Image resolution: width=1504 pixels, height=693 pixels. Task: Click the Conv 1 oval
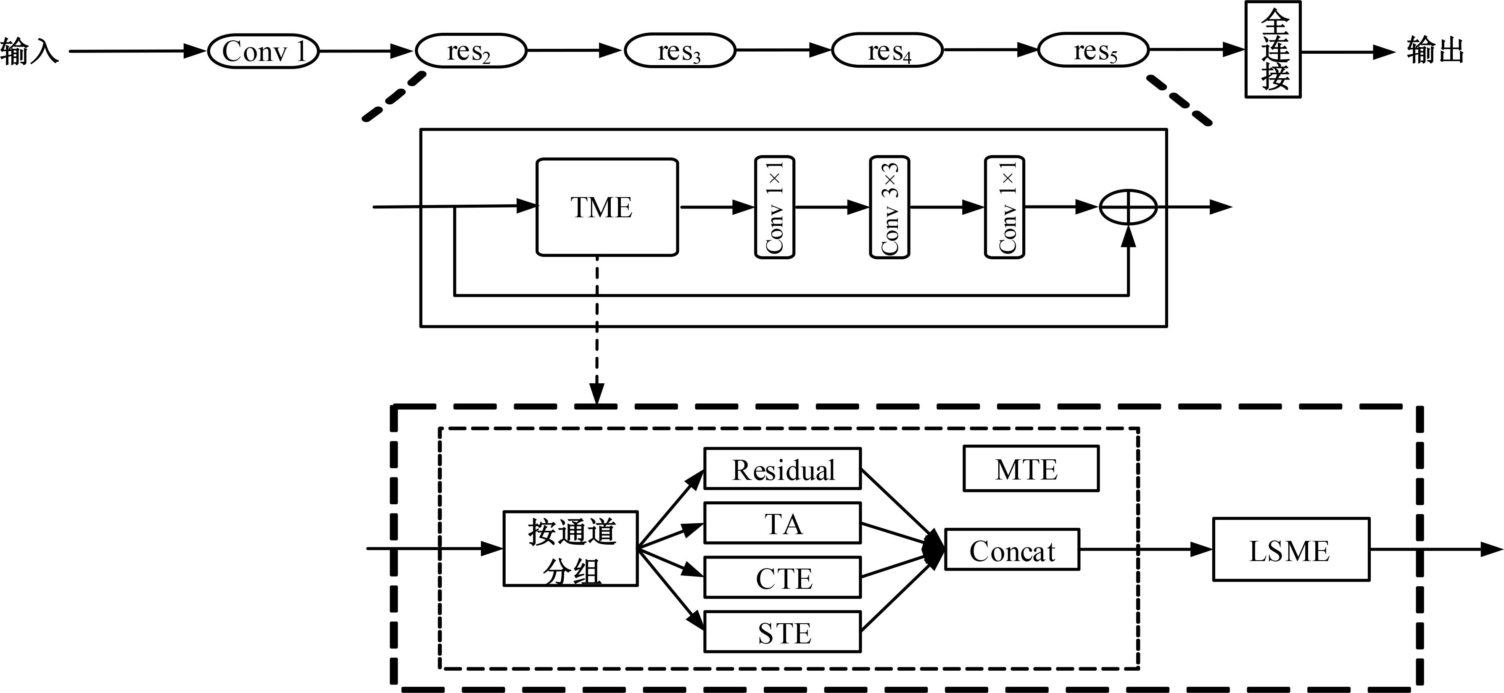point(263,51)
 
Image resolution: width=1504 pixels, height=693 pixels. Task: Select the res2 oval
point(471,51)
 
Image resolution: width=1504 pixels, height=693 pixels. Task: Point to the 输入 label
point(29,51)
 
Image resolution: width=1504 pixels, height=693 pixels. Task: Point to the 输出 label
point(1435,51)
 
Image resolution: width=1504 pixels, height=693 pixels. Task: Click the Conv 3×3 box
point(889,207)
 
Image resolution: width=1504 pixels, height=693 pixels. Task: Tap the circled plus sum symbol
point(1128,207)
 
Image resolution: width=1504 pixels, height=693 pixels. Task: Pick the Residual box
point(782,469)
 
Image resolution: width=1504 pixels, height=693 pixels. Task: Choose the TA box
point(782,523)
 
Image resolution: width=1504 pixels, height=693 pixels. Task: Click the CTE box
point(782,577)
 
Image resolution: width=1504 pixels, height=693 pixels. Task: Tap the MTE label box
point(1031,469)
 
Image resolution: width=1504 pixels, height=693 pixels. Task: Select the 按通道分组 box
point(570,549)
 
